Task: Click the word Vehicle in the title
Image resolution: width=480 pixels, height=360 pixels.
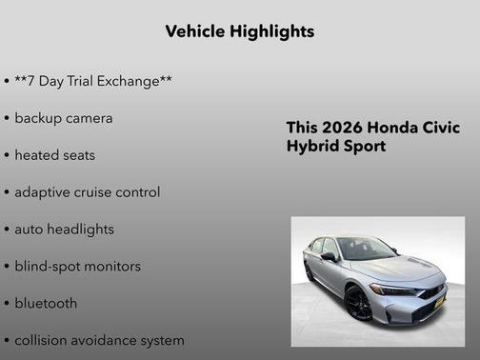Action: tap(194, 31)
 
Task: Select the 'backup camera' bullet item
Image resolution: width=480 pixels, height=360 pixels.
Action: tap(63, 118)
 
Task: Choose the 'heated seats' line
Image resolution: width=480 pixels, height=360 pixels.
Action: tap(54, 154)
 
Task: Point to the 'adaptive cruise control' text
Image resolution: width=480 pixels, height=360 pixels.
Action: tap(87, 191)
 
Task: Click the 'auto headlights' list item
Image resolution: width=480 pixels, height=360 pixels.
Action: tap(64, 229)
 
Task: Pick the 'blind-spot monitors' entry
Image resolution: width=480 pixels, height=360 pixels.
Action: tap(77, 266)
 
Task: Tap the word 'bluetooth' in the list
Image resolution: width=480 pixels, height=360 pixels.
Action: tap(46, 303)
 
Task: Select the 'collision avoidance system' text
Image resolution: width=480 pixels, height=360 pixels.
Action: tap(99, 340)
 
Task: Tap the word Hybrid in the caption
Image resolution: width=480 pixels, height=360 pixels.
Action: tap(312, 147)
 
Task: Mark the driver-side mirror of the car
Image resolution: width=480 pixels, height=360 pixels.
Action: tap(329, 256)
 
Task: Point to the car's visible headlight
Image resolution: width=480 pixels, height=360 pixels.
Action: tap(391, 290)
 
